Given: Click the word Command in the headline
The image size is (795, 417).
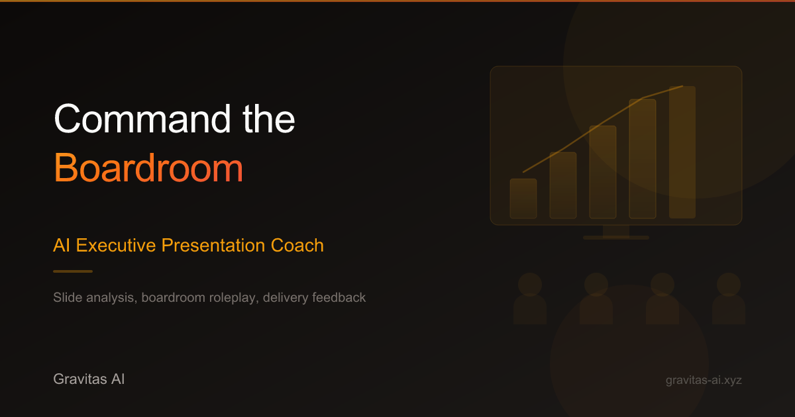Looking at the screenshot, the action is pyautogui.click(x=142, y=118).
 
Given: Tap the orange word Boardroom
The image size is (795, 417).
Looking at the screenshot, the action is pyautogui.click(x=148, y=167).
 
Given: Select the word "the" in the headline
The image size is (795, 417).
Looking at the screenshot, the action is pyautogui.click(x=269, y=118).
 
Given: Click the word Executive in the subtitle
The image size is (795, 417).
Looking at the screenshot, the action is pyautogui.click(x=116, y=246).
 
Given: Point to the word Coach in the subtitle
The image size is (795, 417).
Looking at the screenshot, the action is pyautogui.click(x=297, y=246).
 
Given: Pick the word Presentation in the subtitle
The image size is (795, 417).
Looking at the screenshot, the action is pyautogui.click(x=213, y=246).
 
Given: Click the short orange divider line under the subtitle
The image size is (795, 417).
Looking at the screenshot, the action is pyautogui.click(x=73, y=271).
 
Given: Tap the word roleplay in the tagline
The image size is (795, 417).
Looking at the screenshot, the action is pyautogui.click(x=233, y=298).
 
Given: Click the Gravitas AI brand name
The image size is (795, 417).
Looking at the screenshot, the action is pyautogui.click(x=89, y=379).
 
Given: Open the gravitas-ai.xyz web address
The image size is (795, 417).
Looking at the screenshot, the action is pyautogui.click(x=704, y=380).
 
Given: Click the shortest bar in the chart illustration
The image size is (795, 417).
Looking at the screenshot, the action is pyautogui.click(x=523, y=199).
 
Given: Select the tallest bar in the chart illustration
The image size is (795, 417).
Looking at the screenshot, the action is pyautogui.click(x=682, y=152).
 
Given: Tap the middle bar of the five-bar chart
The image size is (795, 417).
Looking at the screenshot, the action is pyautogui.click(x=603, y=172).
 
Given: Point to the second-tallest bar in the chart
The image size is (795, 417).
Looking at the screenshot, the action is pyautogui.click(x=643, y=159).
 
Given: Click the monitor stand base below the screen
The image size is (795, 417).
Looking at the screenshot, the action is pyautogui.click(x=616, y=238).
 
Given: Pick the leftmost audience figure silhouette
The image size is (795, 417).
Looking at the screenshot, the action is pyautogui.click(x=530, y=299).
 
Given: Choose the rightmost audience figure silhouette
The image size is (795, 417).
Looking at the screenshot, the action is pyautogui.click(x=729, y=299).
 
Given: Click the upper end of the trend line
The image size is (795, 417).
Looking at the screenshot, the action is pyautogui.click(x=682, y=86).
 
